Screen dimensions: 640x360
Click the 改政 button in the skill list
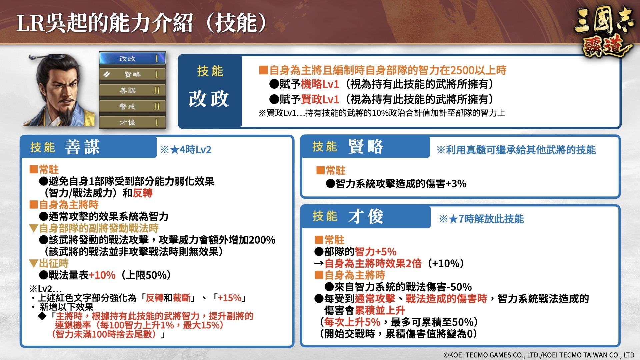[x=132, y=58]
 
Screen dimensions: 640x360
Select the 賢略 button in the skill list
[x=132, y=74]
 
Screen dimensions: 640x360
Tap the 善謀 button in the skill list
[x=132, y=90]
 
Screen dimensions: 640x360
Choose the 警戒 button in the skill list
[x=132, y=106]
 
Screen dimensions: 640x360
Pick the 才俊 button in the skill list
[x=132, y=122]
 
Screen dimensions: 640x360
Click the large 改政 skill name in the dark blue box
[x=209, y=99]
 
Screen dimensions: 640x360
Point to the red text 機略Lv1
[x=320, y=84]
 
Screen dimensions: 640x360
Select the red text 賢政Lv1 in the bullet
[x=320, y=99]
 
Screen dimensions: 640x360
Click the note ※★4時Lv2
[x=186, y=150]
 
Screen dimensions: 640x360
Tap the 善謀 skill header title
[x=82, y=147]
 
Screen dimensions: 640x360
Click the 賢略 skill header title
[x=366, y=146]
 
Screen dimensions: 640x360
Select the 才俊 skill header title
[x=366, y=216]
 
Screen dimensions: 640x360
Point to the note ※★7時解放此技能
[x=482, y=219]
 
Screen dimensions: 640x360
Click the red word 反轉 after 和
[x=143, y=193]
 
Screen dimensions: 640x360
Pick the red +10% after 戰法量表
[x=102, y=275]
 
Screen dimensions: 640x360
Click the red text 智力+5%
[x=376, y=252]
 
